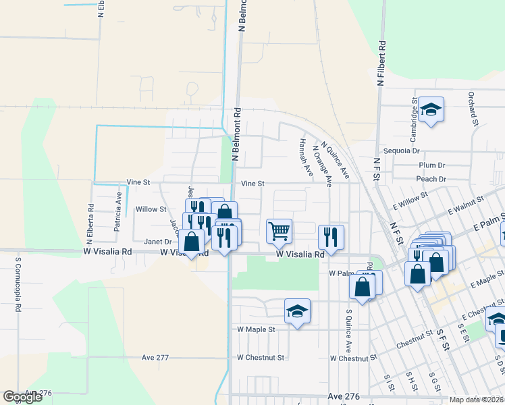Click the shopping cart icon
[x=279, y=231]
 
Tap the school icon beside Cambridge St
[x=430, y=109]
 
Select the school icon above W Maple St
[x=297, y=311]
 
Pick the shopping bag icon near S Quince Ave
[x=363, y=286]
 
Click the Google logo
[x=23, y=397]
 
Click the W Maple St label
[x=257, y=329]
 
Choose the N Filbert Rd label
[x=381, y=64]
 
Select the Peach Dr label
[x=431, y=179]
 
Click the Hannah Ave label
[x=304, y=158]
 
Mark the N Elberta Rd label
[x=88, y=223]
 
